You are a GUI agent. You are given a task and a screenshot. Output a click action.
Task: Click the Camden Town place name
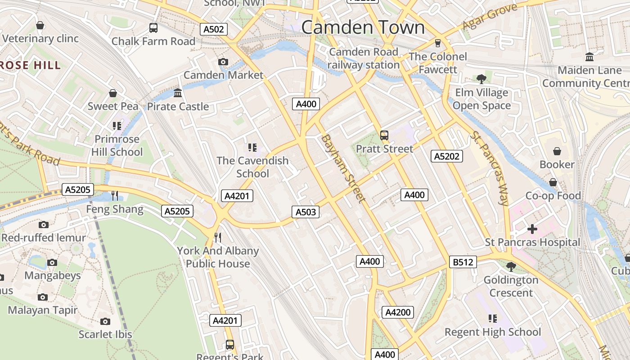coord(363,27)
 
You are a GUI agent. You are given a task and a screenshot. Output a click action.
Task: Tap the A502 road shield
coord(213,30)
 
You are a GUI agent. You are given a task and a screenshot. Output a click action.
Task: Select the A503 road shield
coord(306,212)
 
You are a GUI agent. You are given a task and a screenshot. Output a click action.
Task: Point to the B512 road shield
coord(463,262)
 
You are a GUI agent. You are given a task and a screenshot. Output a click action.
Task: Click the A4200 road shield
coord(398,312)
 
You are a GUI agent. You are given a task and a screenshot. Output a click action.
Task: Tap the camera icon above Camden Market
coord(223,62)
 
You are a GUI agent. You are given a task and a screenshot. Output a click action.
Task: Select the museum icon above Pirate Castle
coord(178,93)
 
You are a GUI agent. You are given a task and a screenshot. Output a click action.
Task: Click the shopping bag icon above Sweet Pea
coord(113,93)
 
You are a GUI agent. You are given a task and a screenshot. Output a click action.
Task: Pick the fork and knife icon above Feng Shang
coord(115,195)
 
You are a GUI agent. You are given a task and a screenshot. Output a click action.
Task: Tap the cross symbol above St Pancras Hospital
coord(532,229)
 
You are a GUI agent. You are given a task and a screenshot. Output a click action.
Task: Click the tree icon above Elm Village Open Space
coord(481,79)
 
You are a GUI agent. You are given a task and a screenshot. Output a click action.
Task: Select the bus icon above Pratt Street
coord(384,135)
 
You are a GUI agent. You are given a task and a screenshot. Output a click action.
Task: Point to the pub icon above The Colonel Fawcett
coord(437,43)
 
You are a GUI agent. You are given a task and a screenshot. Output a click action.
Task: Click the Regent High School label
coord(493,332)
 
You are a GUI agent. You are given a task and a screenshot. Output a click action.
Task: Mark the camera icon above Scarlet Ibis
coord(105,321)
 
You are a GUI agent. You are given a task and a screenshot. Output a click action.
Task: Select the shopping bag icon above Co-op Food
coord(553,182)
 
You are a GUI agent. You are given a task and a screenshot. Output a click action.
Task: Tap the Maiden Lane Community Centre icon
coord(589,57)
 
